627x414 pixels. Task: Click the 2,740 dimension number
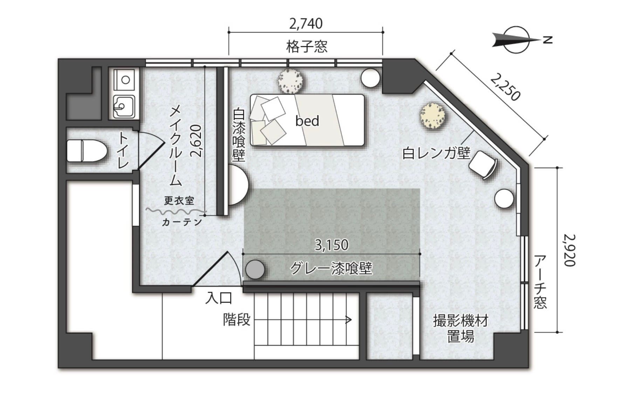[306, 23]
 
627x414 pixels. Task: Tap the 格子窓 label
[306, 46]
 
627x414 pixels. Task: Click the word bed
[307, 121]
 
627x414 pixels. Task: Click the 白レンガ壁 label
[436, 153]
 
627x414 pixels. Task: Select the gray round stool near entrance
[255, 270]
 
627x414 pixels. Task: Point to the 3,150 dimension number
[331, 245]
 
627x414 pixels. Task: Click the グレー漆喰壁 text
[331, 269]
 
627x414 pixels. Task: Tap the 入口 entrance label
[219, 298]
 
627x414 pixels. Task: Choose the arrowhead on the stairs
[348, 319]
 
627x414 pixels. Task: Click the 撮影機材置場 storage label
[460, 329]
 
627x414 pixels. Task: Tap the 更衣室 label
[179, 201]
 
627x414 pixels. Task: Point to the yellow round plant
[434, 116]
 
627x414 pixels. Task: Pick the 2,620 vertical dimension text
[197, 140]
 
